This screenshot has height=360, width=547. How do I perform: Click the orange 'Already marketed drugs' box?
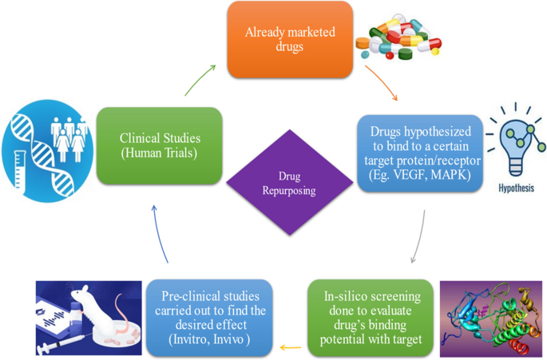click(x=290, y=38)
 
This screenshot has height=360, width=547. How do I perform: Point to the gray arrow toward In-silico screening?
click(x=418, y=235)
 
